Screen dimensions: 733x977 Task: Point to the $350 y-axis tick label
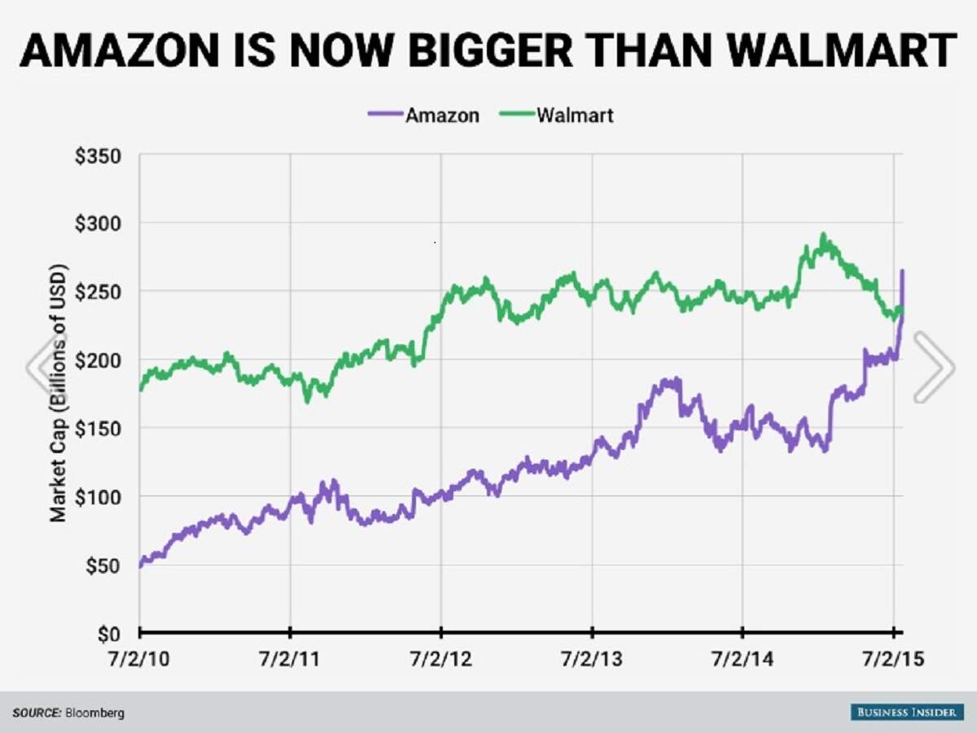[98, 156]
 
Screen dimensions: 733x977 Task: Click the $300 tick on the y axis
[98, 224]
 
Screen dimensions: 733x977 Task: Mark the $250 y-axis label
[98, 292]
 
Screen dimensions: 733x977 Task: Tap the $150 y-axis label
[98, 429]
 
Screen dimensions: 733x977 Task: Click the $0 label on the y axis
[108, 634]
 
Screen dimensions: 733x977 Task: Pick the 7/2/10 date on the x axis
[138, 658]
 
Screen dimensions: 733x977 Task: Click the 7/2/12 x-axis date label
[440, 658]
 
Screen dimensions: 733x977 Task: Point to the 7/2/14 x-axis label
[742, 658]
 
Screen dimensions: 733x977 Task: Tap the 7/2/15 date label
[893, 658]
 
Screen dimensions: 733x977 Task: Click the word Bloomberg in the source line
[95, 713]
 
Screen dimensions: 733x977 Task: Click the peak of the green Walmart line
[823, 236]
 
